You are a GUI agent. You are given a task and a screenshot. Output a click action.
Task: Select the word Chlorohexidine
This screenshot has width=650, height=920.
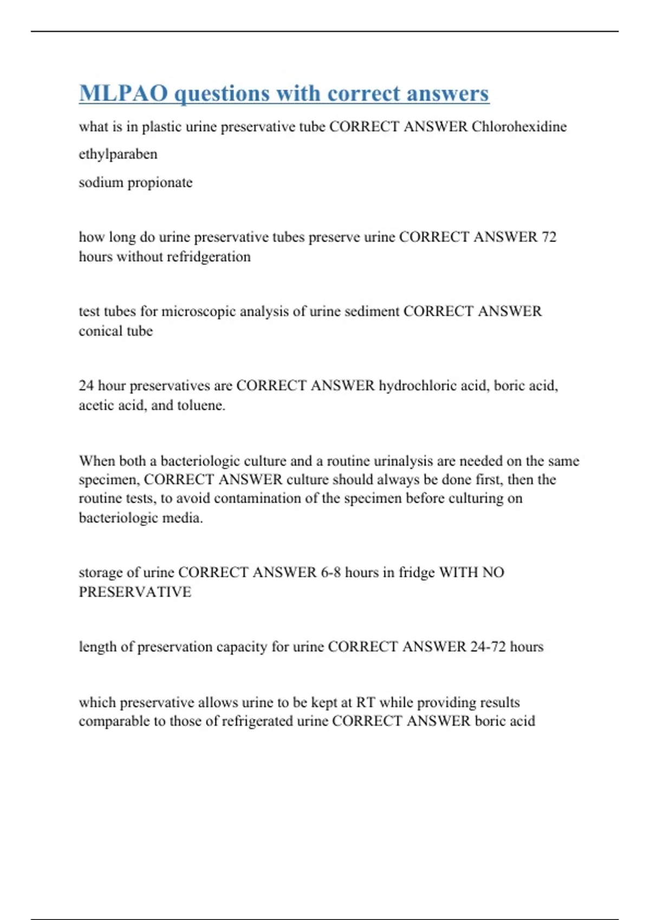tap(519, 127)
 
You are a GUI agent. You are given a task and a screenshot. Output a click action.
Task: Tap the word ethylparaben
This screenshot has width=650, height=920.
tap(118, 154)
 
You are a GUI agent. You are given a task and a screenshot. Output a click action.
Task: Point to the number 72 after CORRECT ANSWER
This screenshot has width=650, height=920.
tap(549, 237)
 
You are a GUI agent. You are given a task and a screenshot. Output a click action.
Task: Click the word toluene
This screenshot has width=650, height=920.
tap(200, 405)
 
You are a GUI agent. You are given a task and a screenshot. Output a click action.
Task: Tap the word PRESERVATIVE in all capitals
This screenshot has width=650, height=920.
tap(135, 592)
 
